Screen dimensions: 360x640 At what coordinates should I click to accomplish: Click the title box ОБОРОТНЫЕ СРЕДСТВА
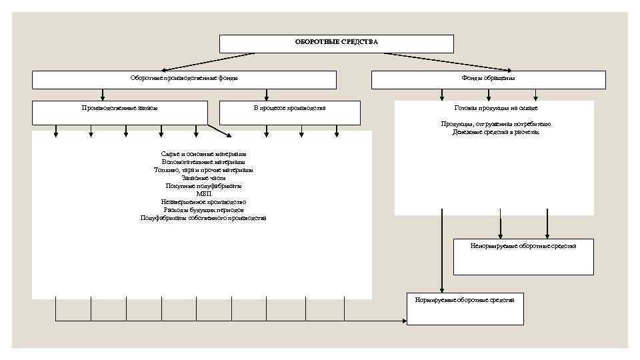337,43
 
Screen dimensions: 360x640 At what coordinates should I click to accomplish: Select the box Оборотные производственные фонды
184,79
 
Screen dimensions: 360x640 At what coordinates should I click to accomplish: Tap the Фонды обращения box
488,79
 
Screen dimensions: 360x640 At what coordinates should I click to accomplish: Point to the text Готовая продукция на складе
495,108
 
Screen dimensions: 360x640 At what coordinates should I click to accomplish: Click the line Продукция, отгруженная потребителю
495,124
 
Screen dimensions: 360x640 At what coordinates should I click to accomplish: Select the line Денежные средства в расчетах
495,132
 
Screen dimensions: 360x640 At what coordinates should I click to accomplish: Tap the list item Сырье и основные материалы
203,154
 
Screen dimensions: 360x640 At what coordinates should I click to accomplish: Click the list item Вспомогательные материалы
203,162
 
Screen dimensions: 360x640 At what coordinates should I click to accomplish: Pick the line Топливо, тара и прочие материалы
203,170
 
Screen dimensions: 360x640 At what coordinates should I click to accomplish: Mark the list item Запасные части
203,178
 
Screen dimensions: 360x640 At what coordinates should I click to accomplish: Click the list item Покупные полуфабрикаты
203,186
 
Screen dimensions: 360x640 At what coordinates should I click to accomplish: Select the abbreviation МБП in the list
203,194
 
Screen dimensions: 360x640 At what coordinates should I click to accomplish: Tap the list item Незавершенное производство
203,202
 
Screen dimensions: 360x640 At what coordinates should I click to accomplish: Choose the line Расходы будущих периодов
203,210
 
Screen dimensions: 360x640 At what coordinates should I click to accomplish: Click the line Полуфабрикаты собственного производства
203,218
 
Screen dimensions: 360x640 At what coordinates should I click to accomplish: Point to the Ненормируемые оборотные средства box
523,257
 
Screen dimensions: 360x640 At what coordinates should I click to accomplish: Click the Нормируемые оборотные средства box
465,309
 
